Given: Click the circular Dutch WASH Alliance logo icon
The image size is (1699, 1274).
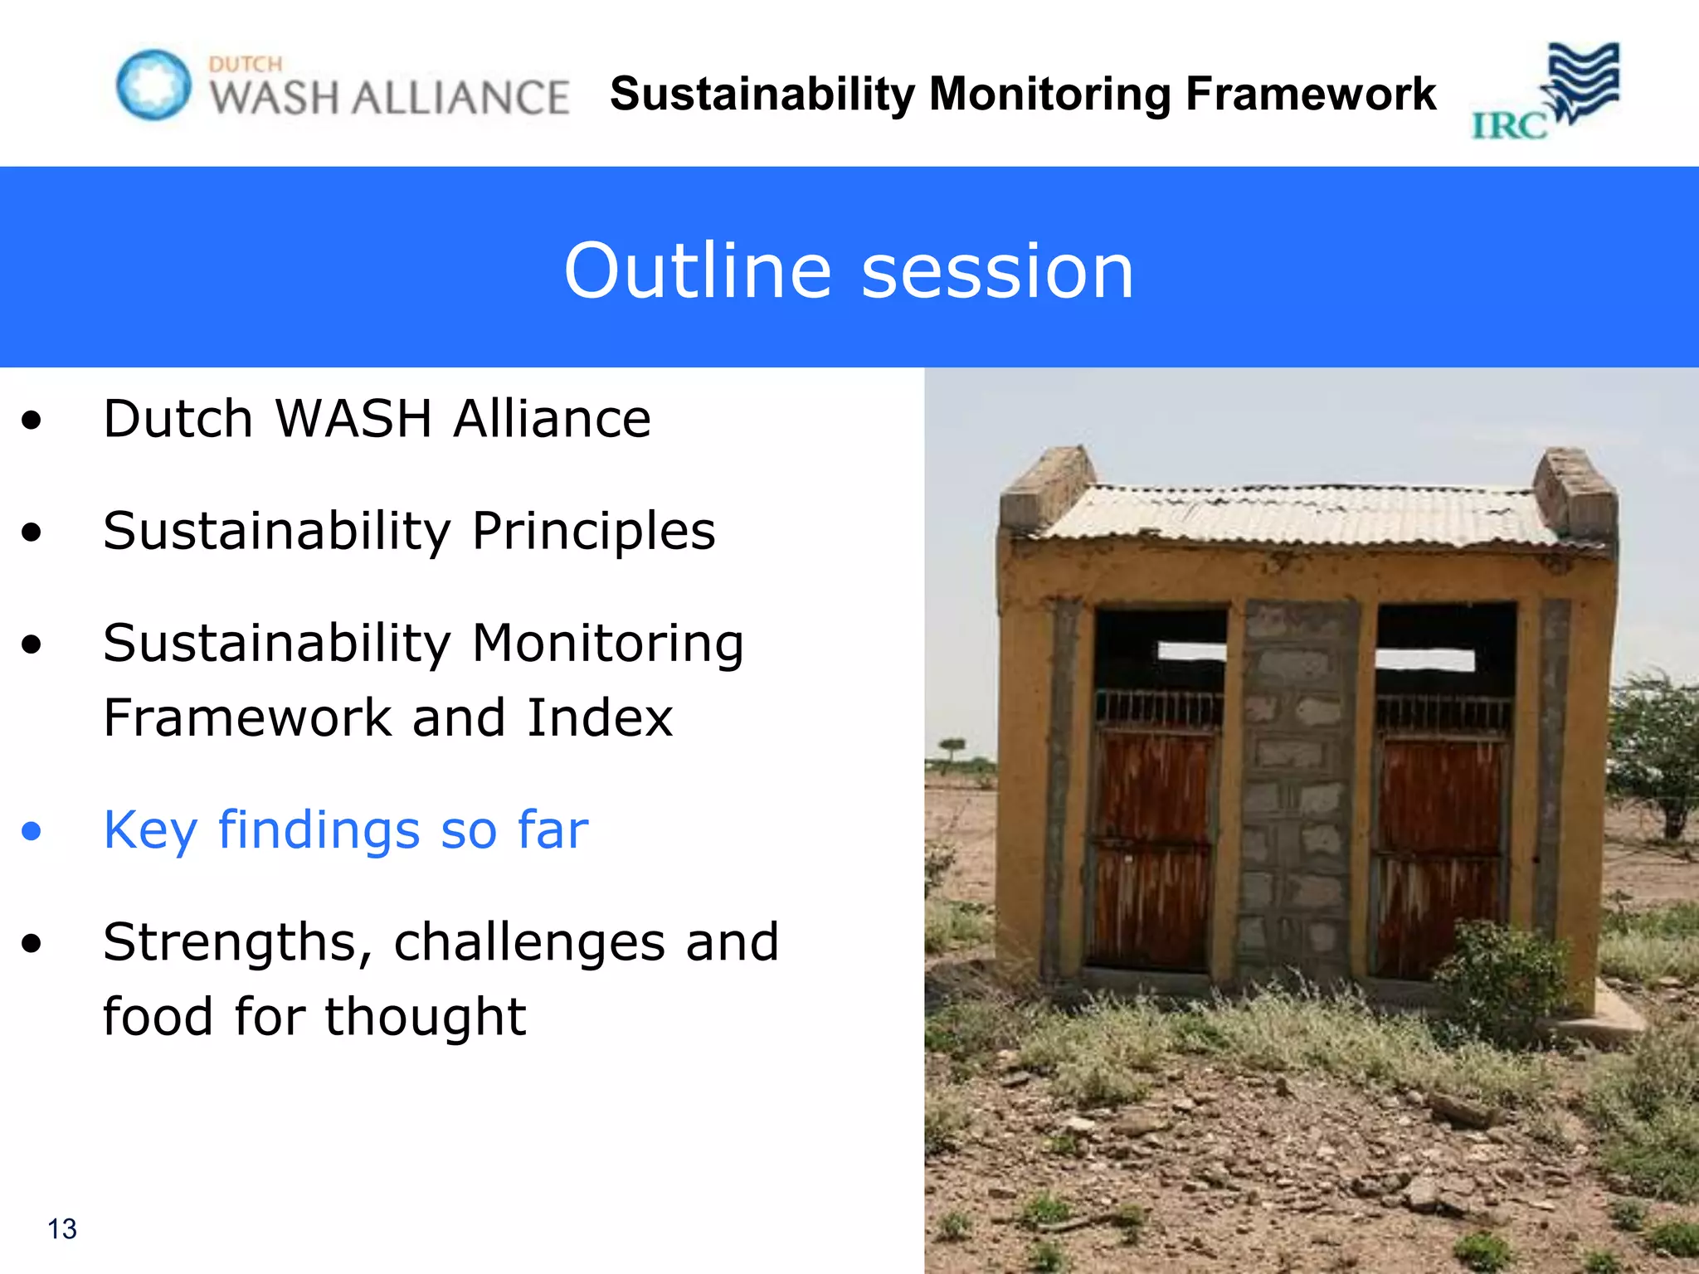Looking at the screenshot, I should pyautogui.click(x=153, y=85).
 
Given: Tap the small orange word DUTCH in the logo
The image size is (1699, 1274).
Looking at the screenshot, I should pyautogui.click(x=246, y=64).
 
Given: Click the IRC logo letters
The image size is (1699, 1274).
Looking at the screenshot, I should pyautogui.click(x=1509, y=126).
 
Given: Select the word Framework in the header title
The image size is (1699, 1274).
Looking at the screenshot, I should pyautogui.click(x=1311, y=93).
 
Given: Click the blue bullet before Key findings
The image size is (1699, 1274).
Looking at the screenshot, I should pyautogui.click(x=32, y=830).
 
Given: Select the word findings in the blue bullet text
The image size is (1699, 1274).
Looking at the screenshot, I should pyautogui.click(x=319, y=829).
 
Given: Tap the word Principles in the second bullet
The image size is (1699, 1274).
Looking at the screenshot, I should pyautogui.click(x=593, y=531).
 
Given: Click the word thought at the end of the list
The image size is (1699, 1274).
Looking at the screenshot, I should pyautogui.click(x=425, y=1017).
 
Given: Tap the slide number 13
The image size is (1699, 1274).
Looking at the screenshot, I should pyautogui.click(x=62, y=1228).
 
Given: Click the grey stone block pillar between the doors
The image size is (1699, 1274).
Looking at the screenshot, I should pyautogui.click(x=1297, y=788).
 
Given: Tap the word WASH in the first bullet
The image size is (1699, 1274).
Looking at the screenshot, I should pyautogui.click(x=353, y=418).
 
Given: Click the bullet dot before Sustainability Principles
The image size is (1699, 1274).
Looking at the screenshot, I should pyautogui.click(x=32, y=532).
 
